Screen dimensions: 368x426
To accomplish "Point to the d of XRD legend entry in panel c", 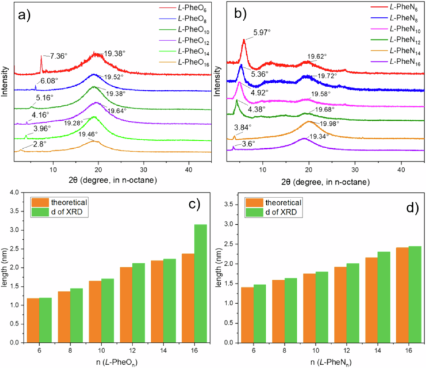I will point(67,213).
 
